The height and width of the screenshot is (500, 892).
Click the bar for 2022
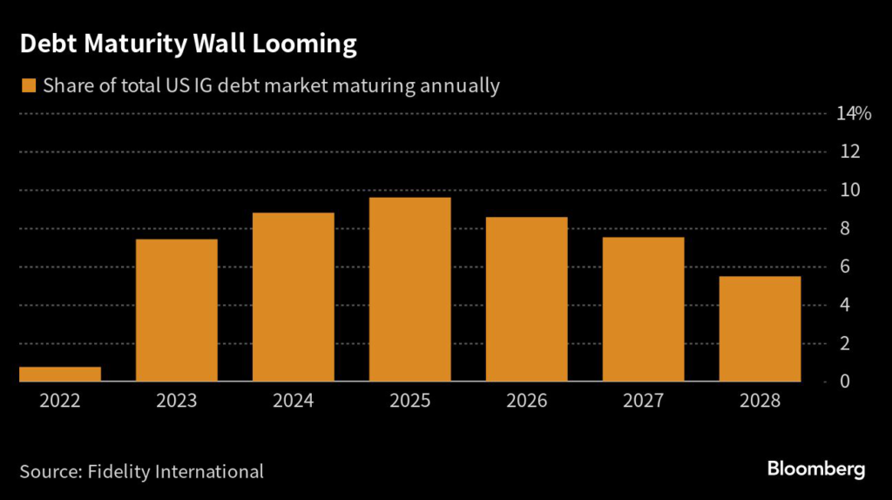point(60,375)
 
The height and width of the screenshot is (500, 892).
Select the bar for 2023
point(177,310)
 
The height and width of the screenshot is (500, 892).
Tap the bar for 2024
point(294,297)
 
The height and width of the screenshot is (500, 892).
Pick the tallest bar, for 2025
point(410,289)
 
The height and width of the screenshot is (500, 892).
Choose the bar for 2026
point(527,299)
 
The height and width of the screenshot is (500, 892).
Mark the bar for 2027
point(644,309)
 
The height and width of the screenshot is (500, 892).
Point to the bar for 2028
point(760,328)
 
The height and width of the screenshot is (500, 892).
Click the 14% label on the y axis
point(853,113)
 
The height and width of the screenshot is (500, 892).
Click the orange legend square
point(29,85)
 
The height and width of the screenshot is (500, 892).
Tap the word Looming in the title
point(304,44)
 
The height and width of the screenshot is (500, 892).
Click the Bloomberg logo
point(816,470)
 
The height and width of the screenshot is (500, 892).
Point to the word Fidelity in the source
point(125,471)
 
